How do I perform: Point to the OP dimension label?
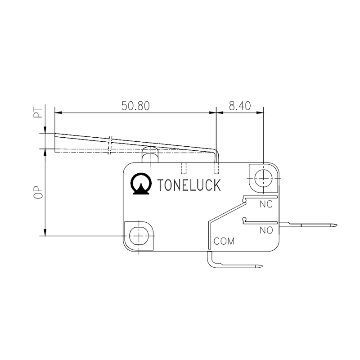pyautogui.click(x=39, y=192)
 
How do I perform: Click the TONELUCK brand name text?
pyautogui.click(x=189, y=185)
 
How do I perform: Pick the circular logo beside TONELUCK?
pyautogui.click(x=140, y=184)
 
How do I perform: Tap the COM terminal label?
pyautogui.click(x=224, y=241)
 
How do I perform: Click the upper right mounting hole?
pyautogui.click(x=262, y=179)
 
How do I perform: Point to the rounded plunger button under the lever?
pyautogui.click(x=150, y=154)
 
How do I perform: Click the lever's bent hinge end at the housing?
pyautogui.click(x=216, y=155)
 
